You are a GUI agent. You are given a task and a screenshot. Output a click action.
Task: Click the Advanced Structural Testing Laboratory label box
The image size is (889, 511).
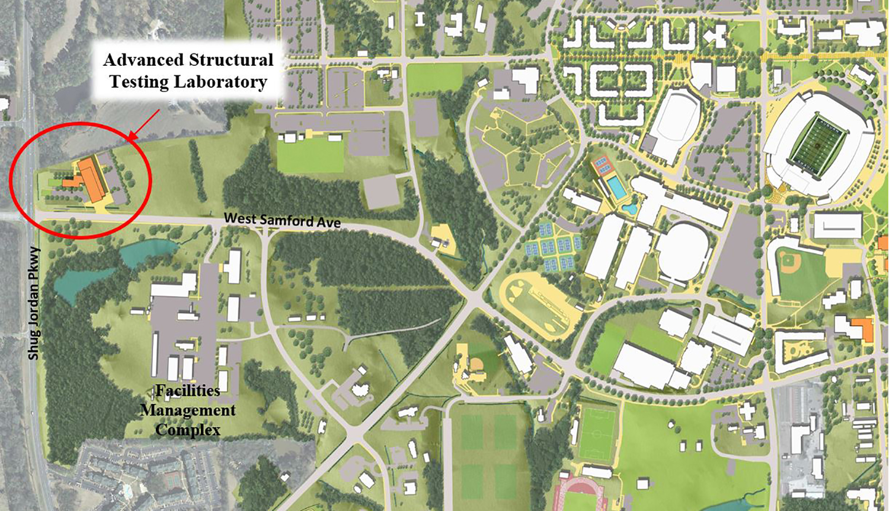(188, 71)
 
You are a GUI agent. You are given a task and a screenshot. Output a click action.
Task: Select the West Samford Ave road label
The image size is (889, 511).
(282, 220)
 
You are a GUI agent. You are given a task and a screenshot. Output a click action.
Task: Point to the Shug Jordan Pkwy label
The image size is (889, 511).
(34, 303)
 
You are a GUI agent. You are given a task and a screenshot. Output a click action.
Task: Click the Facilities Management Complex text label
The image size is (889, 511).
(188, 410)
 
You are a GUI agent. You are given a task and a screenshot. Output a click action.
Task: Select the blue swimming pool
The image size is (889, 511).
(617, 188)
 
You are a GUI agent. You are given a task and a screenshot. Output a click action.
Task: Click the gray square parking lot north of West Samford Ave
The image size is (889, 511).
(382, 191)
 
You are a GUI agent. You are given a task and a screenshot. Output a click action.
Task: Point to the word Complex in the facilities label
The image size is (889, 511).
(188, 430)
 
